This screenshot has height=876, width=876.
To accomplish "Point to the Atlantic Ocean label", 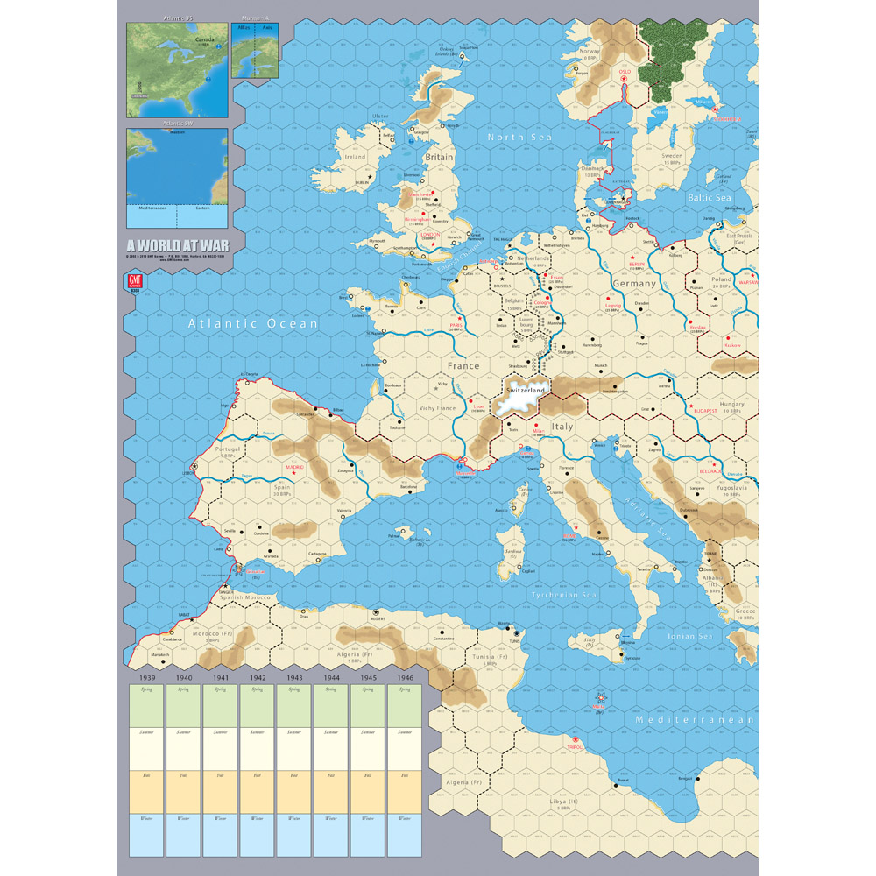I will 253,324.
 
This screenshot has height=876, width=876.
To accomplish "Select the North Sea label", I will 519,137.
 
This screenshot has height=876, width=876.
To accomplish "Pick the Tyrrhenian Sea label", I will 564,595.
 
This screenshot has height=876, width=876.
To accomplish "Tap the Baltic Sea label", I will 709,199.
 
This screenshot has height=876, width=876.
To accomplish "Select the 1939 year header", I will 146,678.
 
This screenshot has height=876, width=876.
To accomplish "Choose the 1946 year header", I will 404,678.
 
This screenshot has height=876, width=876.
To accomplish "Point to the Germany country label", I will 634,284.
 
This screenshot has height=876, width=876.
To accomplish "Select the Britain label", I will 439,158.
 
